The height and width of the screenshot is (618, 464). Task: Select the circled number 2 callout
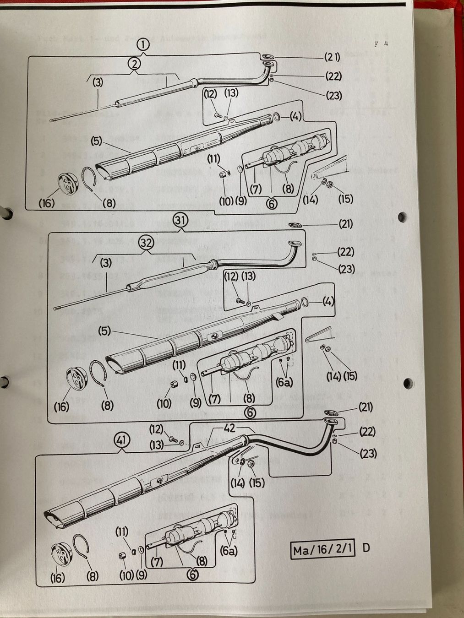click(134, 64)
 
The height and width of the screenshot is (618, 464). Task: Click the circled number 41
click(122, 440)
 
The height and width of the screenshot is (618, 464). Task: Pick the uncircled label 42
click(229, 428)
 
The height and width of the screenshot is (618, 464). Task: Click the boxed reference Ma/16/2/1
click(323, 549)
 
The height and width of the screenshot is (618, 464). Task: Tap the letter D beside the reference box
click(366, 548)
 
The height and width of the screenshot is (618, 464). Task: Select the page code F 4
click(381, 44)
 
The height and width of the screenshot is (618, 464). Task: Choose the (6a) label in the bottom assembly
click(229, 551)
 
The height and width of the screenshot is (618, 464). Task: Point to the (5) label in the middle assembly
click(104, 331)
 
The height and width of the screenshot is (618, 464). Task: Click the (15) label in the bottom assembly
click(257, 482)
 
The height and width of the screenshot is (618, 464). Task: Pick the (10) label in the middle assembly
click(164, 403)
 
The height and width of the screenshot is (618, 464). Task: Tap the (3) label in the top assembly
click(98, 82)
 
